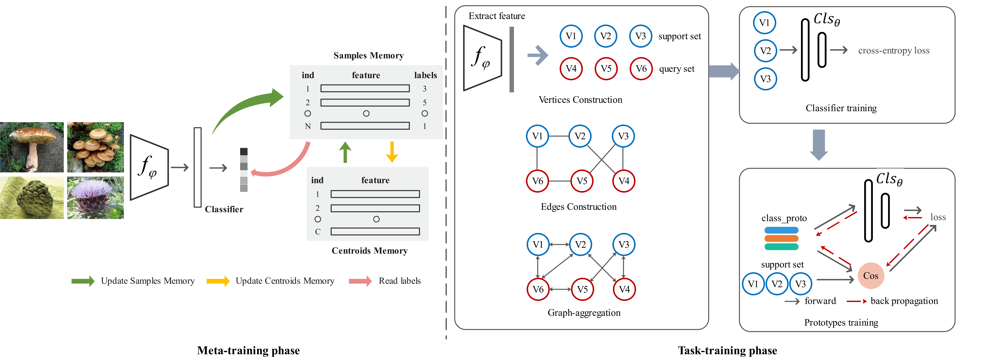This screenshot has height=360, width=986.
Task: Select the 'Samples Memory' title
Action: pyautogui.click(x=368, y=55)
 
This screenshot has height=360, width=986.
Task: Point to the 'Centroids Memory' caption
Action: pyautogui.click(x=369, y=251)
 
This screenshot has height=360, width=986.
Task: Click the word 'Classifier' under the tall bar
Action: pyautogui.click(x=224, y=209)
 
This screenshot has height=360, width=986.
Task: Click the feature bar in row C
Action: pyautogui.click(x=375, y=231)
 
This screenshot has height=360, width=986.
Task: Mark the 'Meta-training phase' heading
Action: pyautogui.click(x=248, y=350)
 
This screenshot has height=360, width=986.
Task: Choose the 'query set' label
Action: pyautogui.click(x=676, y=69)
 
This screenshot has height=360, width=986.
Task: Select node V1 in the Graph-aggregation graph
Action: pyautogui.click(x=538, y=244)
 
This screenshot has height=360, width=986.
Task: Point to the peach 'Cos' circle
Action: pyautogui.click(x=871, y=275)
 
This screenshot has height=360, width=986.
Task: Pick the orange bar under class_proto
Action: pyautogui.click(x=781, y=238)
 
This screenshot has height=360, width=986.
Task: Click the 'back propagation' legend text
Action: pyautogui.click(x=904, y=301)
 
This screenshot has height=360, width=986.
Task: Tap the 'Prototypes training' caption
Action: pyautogui.click(x=841, y=322)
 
